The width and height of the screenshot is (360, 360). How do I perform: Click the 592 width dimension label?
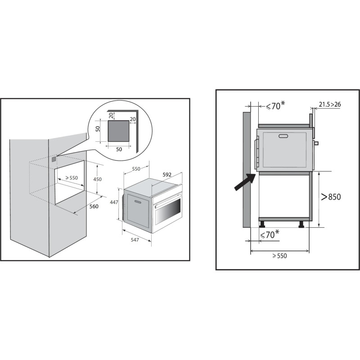(167, 175)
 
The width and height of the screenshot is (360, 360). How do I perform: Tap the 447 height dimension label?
(114, 202)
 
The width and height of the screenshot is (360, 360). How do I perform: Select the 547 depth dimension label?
(135, 240)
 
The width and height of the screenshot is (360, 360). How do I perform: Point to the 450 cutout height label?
(98, 179)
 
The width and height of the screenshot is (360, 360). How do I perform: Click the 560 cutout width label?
(94, 207)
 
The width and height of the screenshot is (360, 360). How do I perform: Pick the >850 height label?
(331, 197)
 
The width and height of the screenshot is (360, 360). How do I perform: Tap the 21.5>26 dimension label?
(330, 104)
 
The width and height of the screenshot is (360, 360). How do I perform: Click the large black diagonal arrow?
(245, 182)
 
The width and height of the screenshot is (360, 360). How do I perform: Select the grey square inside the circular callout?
(118, 131)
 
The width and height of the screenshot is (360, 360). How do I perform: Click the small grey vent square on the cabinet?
(54, 159)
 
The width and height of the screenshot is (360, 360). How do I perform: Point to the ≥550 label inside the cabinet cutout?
(72, 178)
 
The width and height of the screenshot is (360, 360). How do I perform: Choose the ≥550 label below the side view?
(279, 256)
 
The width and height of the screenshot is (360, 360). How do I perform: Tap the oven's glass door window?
(168, 211)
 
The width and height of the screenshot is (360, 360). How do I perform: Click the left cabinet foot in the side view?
(262, 224)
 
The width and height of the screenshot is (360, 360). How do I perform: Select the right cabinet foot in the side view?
(301, 224)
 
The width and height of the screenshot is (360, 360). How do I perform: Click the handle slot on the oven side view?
(283, 136)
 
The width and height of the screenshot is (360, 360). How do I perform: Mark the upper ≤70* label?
(275, 105)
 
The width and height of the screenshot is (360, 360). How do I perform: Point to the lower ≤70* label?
(270, 234)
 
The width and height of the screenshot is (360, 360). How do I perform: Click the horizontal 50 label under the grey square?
(119, 149)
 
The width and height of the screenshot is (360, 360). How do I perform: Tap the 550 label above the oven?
(136, 169)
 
